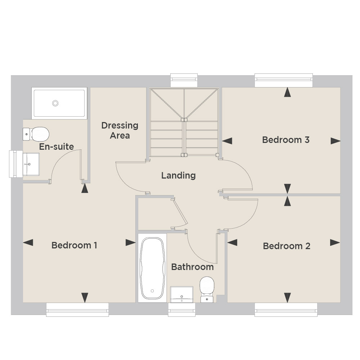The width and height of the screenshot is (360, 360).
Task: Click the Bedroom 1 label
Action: [74, 245]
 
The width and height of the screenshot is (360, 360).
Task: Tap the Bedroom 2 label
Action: [287, 246]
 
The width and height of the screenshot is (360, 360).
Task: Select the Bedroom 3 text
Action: [286, 140]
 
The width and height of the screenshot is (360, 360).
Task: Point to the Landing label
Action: [179, 176]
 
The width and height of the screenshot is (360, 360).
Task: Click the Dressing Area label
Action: [120, 130]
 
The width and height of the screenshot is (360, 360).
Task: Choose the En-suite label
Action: [57, 147]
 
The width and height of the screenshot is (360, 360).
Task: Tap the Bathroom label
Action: [192, 267]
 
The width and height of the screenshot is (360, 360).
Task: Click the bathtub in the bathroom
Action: [152, 268]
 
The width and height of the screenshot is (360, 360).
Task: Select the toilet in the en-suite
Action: [36, 134]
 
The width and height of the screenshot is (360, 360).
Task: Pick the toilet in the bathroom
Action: [207, 289]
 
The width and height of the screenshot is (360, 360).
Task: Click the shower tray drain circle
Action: [55, 103]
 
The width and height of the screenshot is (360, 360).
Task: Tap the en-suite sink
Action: [31, 164]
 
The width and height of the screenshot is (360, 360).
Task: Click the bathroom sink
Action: [181, 294]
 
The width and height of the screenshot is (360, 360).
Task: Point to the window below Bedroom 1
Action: [77, 310]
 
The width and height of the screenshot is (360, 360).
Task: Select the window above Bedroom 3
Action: [284, 80]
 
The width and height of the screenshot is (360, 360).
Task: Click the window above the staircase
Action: [184, 80]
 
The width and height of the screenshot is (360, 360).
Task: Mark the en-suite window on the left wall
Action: [16, 164]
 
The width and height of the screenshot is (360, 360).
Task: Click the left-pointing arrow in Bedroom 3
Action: [227, 141]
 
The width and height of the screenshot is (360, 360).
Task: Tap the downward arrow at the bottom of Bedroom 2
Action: [287, 298]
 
